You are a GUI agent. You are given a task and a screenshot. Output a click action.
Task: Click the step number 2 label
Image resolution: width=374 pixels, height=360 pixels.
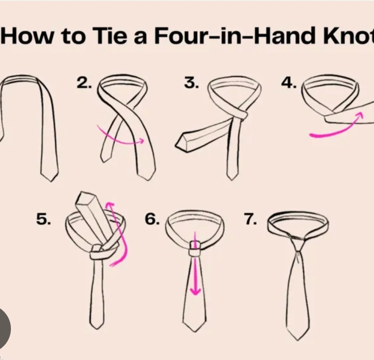coord(84,83)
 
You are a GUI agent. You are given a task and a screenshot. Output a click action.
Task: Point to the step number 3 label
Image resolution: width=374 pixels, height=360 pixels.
coord(191,83)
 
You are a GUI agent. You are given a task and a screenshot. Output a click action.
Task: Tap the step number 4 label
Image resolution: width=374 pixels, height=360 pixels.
coord(289,83)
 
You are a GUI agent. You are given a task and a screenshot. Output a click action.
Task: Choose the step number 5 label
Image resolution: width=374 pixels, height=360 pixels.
coord(44,219)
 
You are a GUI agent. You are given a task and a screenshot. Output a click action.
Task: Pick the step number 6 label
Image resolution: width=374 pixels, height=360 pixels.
coord(152,219)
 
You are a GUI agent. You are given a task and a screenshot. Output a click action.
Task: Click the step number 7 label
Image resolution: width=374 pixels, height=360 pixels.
coord(251,219)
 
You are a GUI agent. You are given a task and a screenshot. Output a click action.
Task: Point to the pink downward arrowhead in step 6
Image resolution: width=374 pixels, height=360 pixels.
coord(196,291)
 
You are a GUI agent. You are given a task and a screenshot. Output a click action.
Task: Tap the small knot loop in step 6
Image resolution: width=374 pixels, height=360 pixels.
coord(195,248)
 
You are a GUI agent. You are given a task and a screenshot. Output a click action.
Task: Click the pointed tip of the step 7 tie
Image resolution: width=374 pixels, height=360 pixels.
coord(297,340)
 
